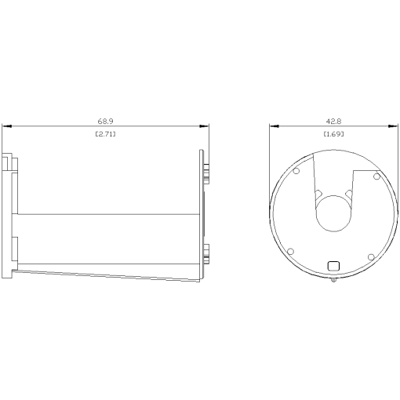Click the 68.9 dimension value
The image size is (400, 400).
pos(105,122)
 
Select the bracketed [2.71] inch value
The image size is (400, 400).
pos(105,135)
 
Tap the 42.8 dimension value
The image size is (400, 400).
pos(333,122)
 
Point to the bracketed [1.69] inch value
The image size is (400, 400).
pos(333,135)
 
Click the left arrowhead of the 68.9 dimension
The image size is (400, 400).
pos(5,125)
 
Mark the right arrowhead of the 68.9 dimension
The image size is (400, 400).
pos(205,125)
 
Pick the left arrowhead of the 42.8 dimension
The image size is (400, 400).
pos(272,125)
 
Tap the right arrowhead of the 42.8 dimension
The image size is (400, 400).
pos(395,125)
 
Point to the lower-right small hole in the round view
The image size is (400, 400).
pos(369,256)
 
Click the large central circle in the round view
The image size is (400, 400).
pos(333,213)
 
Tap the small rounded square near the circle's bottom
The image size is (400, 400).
pos(333,265)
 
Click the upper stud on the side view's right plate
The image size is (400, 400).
pos(207,169)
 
